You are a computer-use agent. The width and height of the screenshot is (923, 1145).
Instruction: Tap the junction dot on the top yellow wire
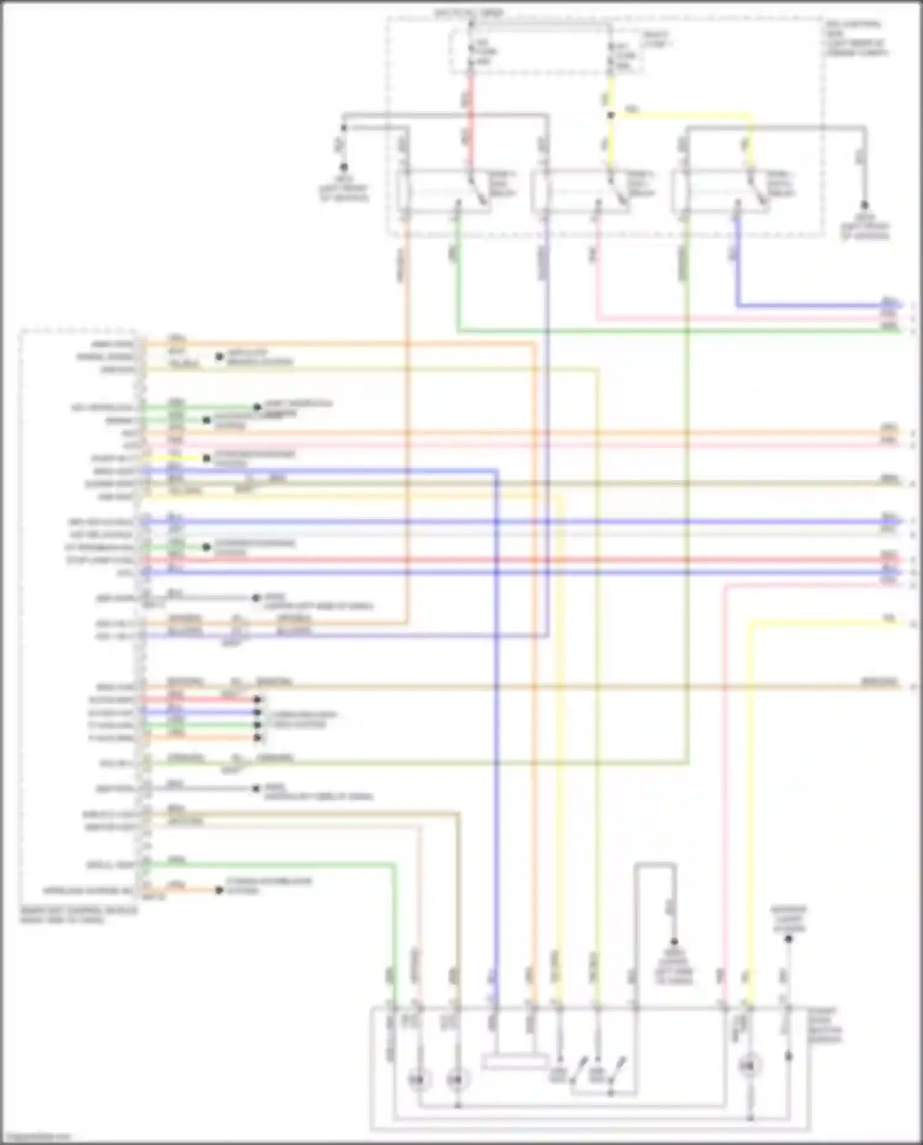(x=610, y=115)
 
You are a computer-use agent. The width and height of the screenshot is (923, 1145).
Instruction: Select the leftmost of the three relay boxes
(x=444, y=191)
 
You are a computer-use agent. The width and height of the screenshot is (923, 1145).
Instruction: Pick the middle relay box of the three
(x=582, y=191)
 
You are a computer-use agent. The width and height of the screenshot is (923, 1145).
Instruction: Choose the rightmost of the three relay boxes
(x=721, y=191)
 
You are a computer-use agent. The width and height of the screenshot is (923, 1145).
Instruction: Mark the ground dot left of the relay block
(x=343, y=167)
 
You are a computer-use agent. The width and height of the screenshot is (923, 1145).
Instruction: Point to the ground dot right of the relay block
(x=864, y=205)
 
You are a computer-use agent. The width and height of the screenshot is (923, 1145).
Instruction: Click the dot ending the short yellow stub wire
(x=206, y=458)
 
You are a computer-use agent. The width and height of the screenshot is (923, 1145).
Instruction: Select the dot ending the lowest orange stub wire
(x=218, y=890)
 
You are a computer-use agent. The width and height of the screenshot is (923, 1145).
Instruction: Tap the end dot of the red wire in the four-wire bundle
(x=258, y=700)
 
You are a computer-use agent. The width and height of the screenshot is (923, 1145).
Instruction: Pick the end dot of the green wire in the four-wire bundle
(x=258, y=725)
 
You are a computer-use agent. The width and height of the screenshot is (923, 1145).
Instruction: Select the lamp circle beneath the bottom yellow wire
(x=750, y=1064)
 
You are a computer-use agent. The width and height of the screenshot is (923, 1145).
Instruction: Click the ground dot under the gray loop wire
(x=674, y=941)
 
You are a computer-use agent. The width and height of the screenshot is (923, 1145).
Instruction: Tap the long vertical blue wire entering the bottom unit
(x=496, y=738)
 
